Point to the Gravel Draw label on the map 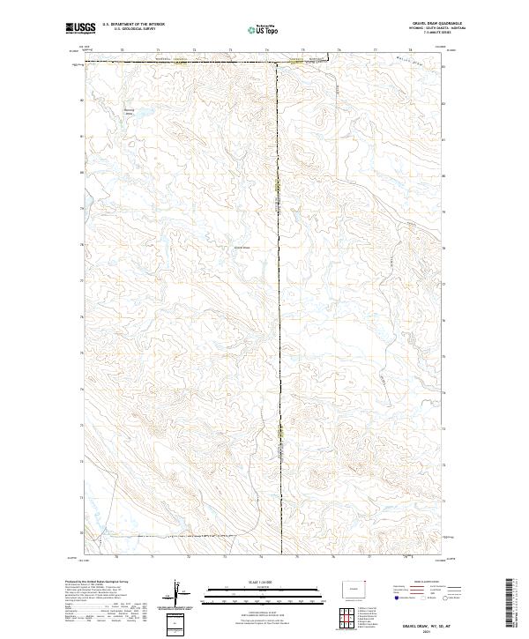coord(242,248)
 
